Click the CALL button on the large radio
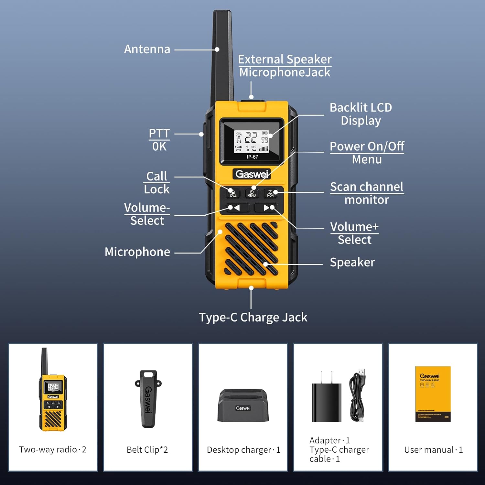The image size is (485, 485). (x=233, y=193)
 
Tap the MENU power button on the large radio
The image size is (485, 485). (x=252, y=193)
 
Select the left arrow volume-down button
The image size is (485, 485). (x=234, y=208)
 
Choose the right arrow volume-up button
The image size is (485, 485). (x=268, y=208)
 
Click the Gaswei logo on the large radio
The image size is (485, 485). (x=252, y=174)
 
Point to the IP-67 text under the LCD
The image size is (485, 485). (x=252, y=157)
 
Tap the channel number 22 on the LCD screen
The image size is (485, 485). (x=251, y=138)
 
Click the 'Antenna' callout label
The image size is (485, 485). (x=147, y=49)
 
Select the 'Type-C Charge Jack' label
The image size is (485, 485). (x=253, y=317)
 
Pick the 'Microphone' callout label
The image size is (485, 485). (x=137, y=252)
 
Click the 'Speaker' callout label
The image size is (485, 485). (x=352, y=262)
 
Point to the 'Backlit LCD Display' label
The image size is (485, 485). (x=361, y=114)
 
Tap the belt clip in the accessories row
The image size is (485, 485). (x=148, y=399)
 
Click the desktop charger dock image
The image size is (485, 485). (x=243, y=406)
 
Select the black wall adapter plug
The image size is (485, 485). (x=326, y=401)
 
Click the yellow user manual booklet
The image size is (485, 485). (x=433, y=394)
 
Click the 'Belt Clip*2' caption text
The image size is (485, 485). (x=147, y=450)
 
